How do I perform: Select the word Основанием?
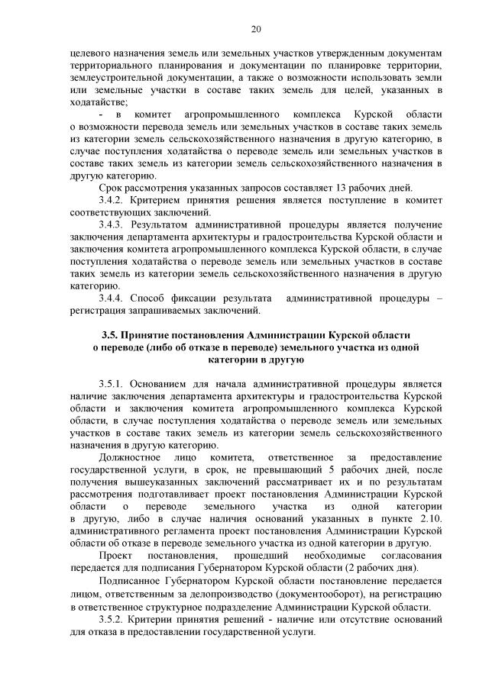coord(164,382)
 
